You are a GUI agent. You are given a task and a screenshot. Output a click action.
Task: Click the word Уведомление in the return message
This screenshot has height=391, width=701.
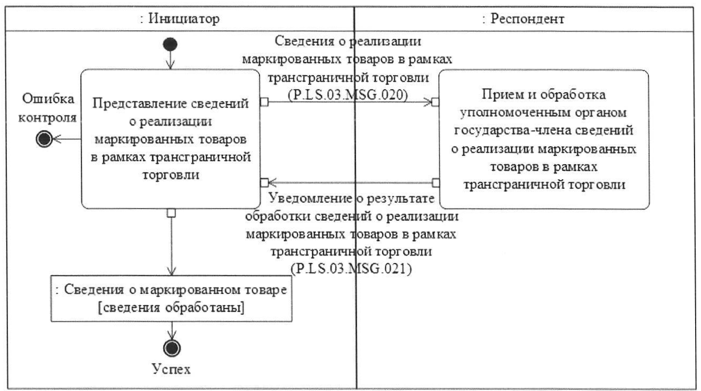(x=311, y=199)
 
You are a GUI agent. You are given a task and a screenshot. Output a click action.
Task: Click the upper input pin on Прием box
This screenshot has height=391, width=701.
(x=436, y=102)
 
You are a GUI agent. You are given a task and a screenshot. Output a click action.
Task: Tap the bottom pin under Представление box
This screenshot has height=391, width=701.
(x=171, y=212)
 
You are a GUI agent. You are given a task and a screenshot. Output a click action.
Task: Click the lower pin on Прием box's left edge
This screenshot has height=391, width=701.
(x=436, y=182)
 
